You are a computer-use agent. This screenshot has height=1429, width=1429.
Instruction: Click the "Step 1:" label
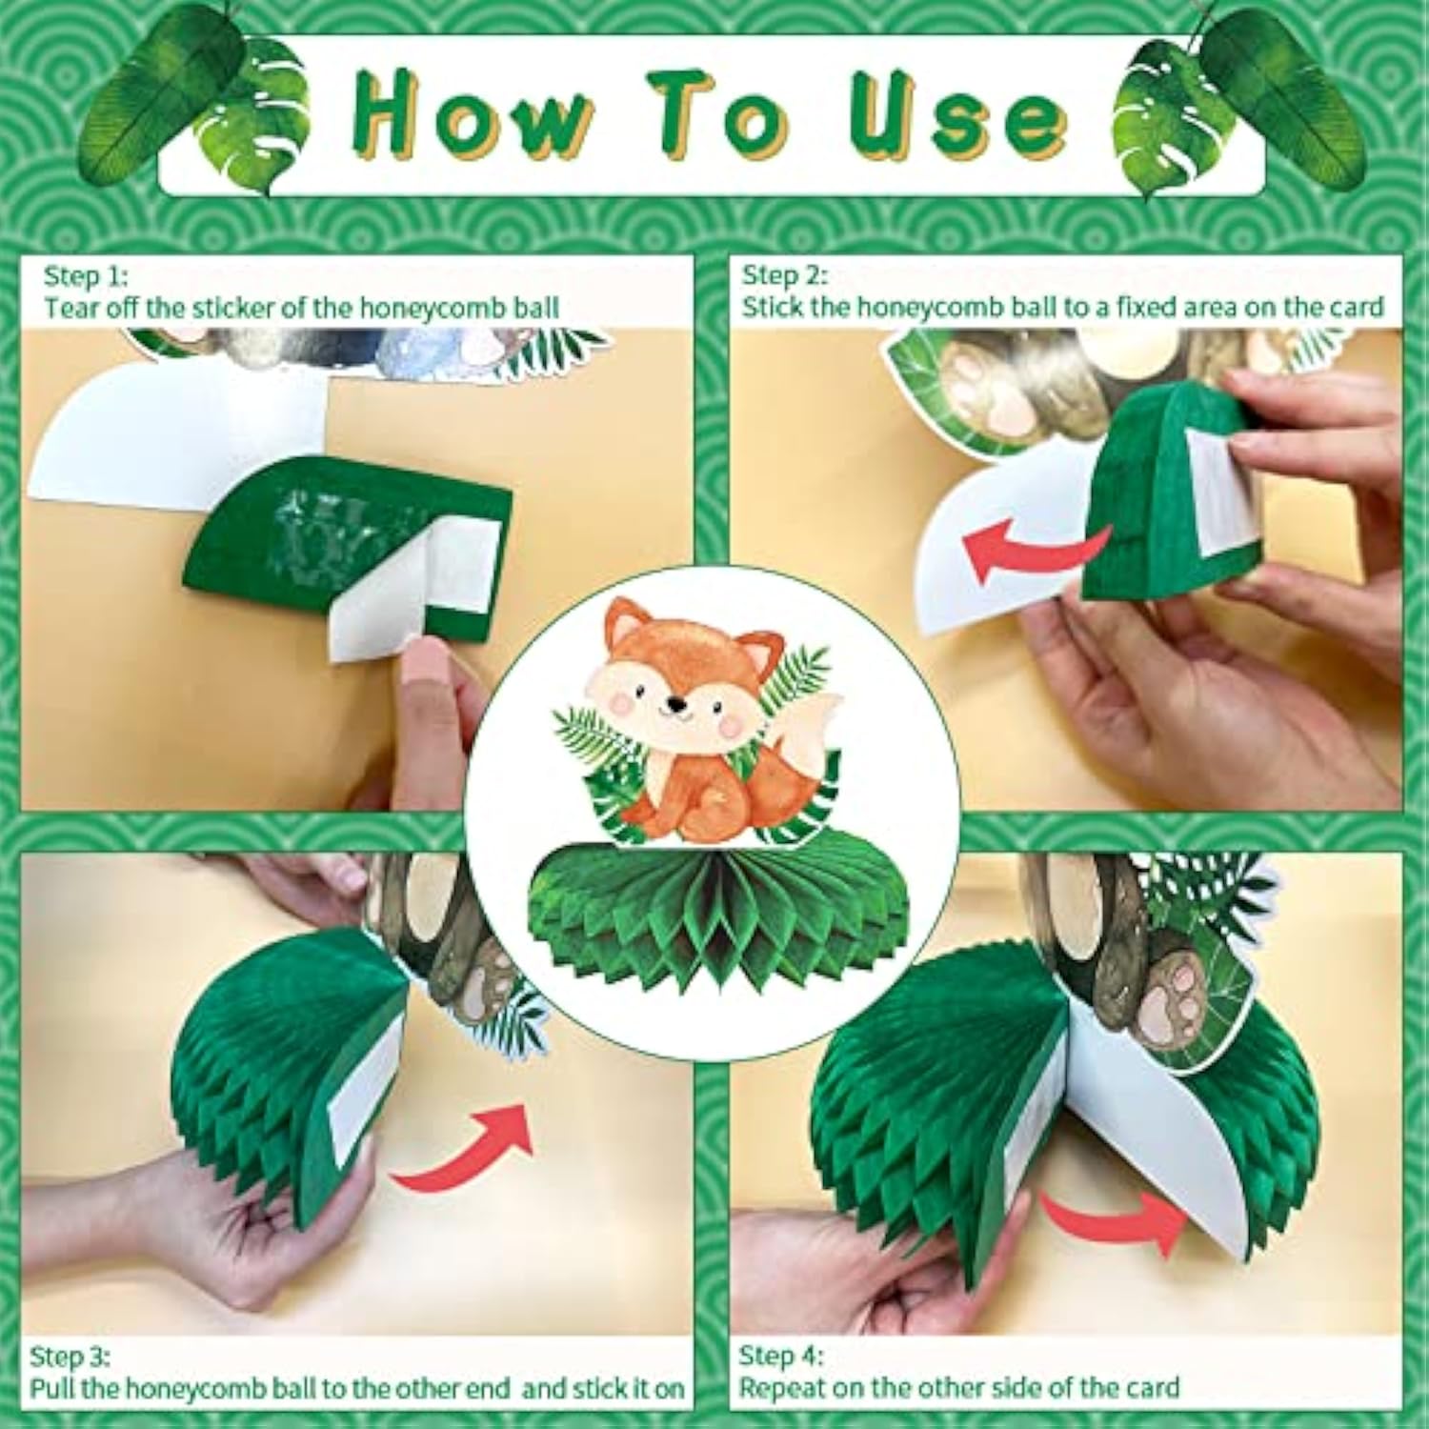click(85, 276)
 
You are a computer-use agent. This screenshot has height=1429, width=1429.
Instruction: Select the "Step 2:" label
click(784, 275)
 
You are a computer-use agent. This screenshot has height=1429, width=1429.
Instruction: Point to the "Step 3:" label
click(70, 1356)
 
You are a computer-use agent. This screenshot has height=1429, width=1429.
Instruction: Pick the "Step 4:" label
click(781, 1355)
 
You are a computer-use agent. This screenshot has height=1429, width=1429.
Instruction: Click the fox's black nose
click(675, 705)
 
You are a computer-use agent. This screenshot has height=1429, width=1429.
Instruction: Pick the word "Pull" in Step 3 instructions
click(52, 1388)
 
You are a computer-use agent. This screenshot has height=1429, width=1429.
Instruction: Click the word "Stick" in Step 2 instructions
click(771, 308)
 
